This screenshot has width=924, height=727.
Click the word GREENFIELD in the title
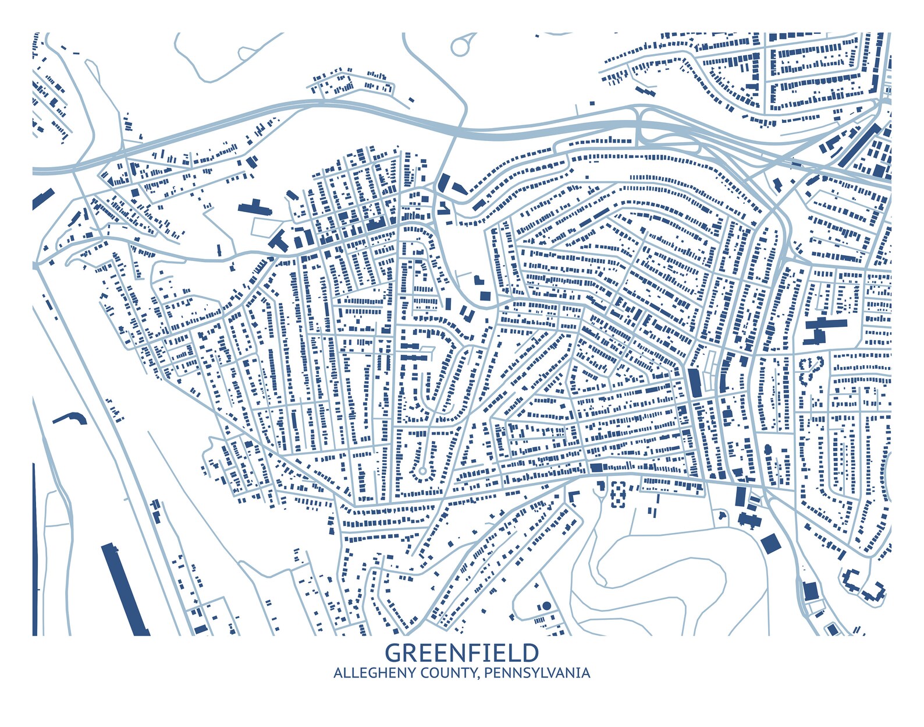[462, 652]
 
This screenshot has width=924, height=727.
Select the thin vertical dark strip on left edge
[34, 548]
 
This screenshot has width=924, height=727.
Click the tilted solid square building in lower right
[769, 543]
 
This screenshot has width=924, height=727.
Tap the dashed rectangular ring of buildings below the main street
[618, 494]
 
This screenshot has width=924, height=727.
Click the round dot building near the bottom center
[546, 606]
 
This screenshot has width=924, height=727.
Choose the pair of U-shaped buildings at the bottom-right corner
[864, 585]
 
